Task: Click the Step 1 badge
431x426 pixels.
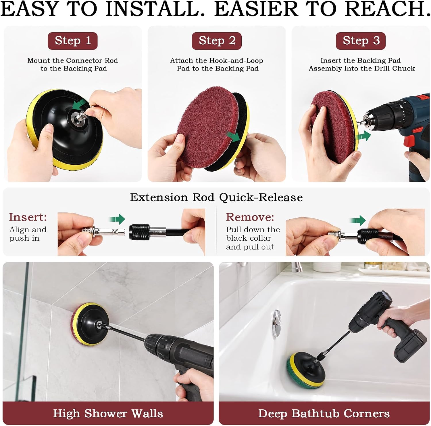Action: click(73, 41)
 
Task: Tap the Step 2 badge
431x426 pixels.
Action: click(217, 41)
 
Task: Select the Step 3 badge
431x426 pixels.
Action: click(361, 41)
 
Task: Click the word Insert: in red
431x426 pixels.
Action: click(28, 217)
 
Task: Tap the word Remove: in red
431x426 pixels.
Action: click(250, 217)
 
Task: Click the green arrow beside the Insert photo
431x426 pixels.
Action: click(117, 219)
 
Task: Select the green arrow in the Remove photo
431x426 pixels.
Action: click(358, 220)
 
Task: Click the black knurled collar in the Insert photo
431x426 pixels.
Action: click(140, 232)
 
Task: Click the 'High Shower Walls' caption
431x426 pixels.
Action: click(108, 414)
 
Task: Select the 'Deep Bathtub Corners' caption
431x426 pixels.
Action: click(324, 414)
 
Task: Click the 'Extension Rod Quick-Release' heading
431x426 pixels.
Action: click(216, 197)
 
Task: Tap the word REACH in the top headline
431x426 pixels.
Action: click(385, 9)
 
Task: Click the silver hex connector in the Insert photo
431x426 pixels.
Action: click(111, 231)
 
